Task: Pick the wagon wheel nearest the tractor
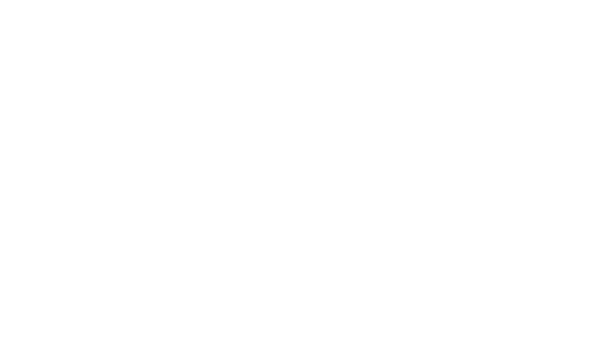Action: [x=390, y=283]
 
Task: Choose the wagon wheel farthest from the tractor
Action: [x=491, y=283]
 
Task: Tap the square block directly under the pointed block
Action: [x=432, y=108]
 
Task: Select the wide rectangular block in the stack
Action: [x=434, y=151]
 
